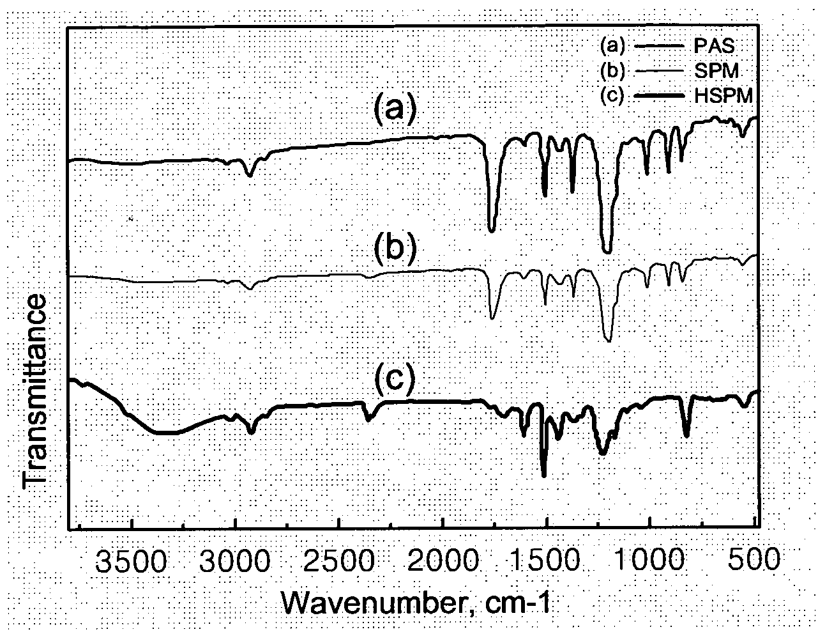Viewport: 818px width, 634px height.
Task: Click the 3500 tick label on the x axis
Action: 131,560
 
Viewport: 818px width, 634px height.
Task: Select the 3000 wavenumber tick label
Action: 234,560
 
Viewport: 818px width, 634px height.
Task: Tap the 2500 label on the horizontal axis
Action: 339,560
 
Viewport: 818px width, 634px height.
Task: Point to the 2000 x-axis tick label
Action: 443,560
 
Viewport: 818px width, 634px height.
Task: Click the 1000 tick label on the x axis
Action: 649,560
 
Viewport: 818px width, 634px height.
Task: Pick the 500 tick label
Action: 752,560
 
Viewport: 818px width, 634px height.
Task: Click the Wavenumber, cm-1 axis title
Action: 416,604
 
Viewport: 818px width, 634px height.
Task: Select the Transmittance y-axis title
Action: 34,390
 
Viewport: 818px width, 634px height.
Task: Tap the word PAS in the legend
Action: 714,46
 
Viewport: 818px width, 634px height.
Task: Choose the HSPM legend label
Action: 723,97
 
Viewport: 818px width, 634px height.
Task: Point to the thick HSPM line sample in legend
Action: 659,96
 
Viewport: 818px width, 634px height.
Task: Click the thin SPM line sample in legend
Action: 659,71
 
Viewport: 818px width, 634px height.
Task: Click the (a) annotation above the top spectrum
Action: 395,107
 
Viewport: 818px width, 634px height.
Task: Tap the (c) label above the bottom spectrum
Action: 394,378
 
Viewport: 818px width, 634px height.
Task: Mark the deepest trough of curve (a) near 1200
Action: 607,251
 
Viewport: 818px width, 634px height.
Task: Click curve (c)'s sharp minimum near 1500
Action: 543,476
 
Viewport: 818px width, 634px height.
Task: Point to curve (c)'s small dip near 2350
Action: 369,419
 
